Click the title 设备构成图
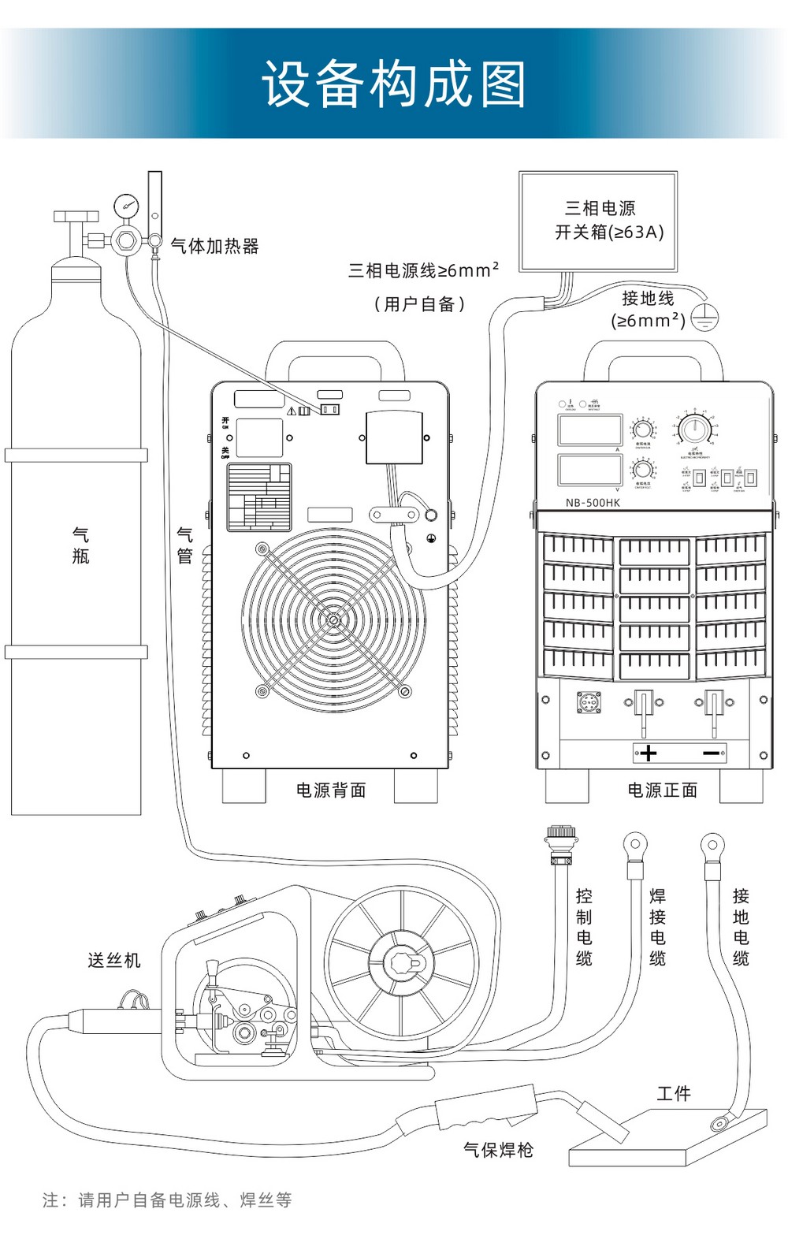point(394,84)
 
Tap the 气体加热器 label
point(215,246)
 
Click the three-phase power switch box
point(598,221)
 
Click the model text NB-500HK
point(593,503)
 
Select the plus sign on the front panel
point(649,753)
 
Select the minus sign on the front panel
point(712,753)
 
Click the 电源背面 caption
point(331,790)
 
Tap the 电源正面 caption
point(662,790)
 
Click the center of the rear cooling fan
point(333,620)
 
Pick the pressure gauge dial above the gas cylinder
point(125,206)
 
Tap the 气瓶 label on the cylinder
point(80,545)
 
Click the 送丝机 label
point(114,960)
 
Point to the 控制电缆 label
point(584,927)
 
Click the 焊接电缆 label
point(657,927)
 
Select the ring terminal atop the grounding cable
point(712,846)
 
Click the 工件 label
point(674,1093)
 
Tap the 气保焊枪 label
point(498,1150)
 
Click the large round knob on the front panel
point(694,430)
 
